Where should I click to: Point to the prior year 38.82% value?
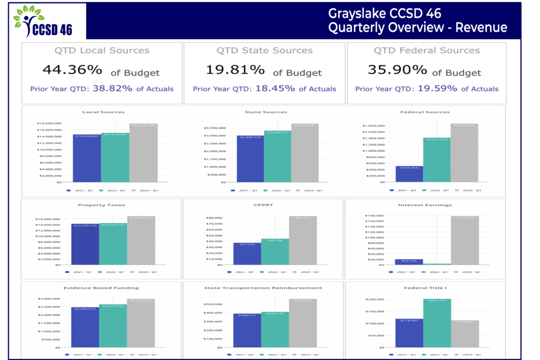point(112,89)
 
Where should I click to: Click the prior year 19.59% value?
point(437,89)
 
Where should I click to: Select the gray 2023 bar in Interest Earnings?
point(465,240)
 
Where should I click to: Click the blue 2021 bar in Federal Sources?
point(409,174)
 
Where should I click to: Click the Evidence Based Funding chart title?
point(93,288)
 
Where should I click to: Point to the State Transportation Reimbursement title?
point(263,288)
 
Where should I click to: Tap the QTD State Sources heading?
point(264,51)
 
